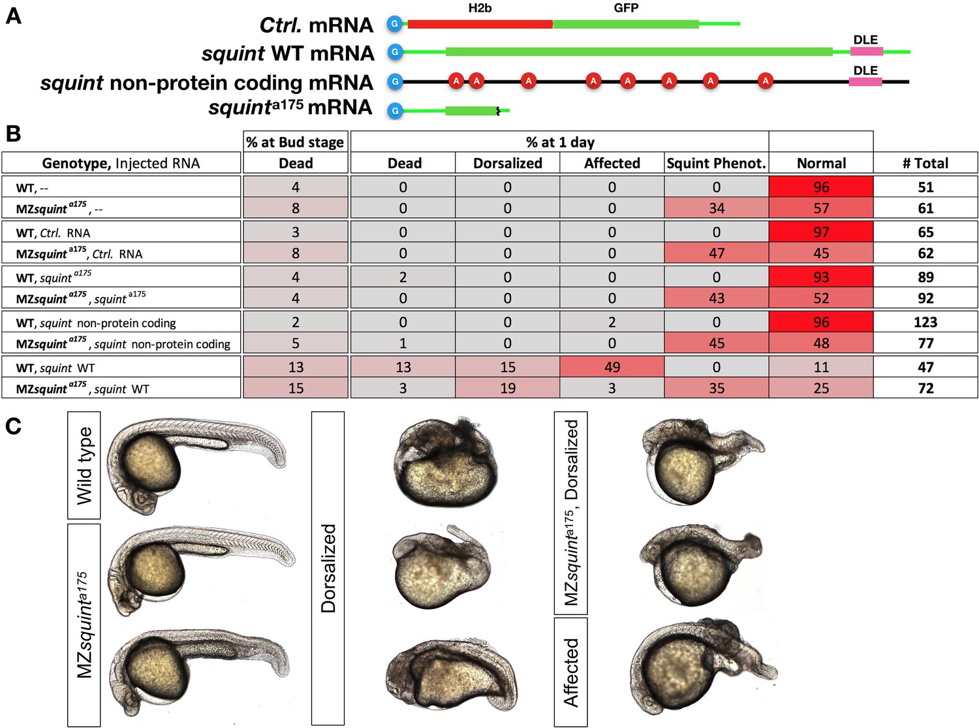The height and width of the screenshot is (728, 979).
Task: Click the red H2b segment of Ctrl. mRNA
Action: pyautogui.click(x=480, y=24)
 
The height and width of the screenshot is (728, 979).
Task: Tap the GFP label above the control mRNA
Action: pyautogui.click(x=626, y=8)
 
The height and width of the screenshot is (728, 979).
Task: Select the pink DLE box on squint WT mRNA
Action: pyautogui.click(x=866, y=52)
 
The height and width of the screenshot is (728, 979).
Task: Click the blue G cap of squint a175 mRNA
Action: pyautogui.click(x=394, y=111)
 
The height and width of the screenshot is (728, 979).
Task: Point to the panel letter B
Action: pyautogui.click(x=13, y=134)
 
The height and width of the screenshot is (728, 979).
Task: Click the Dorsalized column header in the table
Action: pyautogui.click(x=507, y=163)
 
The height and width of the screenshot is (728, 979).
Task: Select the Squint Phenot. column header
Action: pyautogui.click(x=716, y=163)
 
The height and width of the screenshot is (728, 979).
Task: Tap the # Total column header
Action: pyautogui.click(x=925, y=163)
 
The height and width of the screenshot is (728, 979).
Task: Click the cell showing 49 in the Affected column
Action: pyautogui.click(x=612, y=368)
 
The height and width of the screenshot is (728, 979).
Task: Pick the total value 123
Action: pyautogui.click(x=925, y=323)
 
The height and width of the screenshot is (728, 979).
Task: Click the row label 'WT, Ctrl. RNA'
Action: pyautogui.click(x=54, y=233)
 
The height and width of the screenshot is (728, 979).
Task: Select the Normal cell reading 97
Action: pyautogui.click(x=821, y=232)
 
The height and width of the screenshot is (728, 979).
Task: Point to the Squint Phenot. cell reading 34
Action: pyautogui.click(x=716, y=208)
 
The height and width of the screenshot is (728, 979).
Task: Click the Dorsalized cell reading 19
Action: pyautogui.click(x=507, y=388)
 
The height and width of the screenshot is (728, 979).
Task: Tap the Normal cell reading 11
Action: pyautogui.click(x=821, y=368)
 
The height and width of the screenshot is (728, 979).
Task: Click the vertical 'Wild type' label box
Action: pyautogui.click(x=84, y=465)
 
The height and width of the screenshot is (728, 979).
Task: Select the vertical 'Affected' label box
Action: pyautogui.click(x=570, y=672)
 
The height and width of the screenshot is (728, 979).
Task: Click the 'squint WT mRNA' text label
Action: pyautogui.click(x=288, y=54)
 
